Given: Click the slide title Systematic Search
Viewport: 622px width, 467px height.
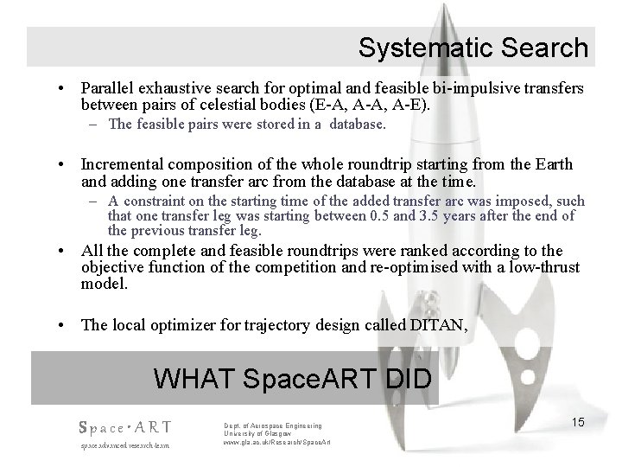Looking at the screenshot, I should (x=473, y=48).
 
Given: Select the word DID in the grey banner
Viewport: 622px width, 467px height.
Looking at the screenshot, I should (x=406, y=379).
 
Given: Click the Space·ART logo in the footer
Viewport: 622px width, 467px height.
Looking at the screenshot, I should (x=124, y=427).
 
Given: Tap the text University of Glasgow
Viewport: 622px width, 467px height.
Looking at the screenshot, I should (x=258, y=434).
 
